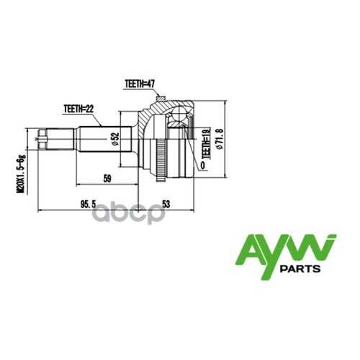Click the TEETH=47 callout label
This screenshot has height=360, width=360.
(140, 84)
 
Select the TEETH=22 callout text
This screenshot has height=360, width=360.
(78, 109)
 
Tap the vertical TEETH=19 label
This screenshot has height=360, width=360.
(206, 143)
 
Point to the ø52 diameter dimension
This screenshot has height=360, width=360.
(116, 139)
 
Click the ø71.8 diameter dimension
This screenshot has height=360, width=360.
(220, 139)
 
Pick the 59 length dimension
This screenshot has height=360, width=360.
(107, 179)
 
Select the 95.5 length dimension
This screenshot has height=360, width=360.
(89, 204)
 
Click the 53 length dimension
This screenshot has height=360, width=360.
(166, 204)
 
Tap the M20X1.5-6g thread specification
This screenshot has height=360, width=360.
(21, 174)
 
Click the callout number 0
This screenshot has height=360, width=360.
(203, 166)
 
